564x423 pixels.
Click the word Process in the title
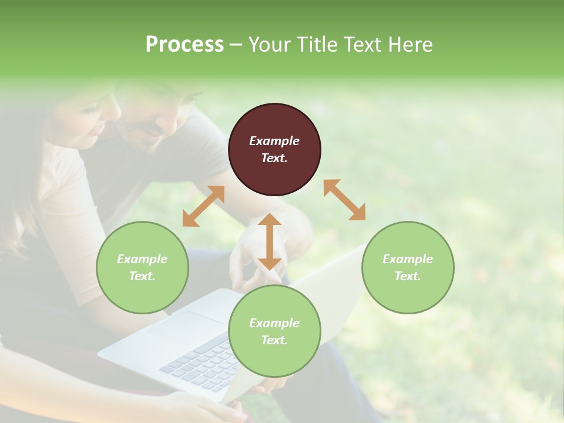click(x=184, y=45)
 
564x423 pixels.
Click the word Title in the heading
click(x=316, y=45)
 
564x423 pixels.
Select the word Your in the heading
click(x=270, y=45)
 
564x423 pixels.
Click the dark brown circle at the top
click(x=274, y=149)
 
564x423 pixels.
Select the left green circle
click(x=142, y=267)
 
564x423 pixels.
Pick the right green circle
click(x=408, y=267)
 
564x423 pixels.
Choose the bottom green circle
click(x=274, y=331)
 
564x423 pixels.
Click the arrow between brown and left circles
click(x=203, y=206)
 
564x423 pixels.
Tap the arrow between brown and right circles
click(x=345, y=200)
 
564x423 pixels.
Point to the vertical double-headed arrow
click(x=270, y=241)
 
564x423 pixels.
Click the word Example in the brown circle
click(x=274, y=141)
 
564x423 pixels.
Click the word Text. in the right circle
click(x=408, y=276)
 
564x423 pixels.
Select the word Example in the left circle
click(x=142, y=259)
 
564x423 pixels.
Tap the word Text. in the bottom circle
click(x=274, y=340)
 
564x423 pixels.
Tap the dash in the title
click(x=236, y=45)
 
